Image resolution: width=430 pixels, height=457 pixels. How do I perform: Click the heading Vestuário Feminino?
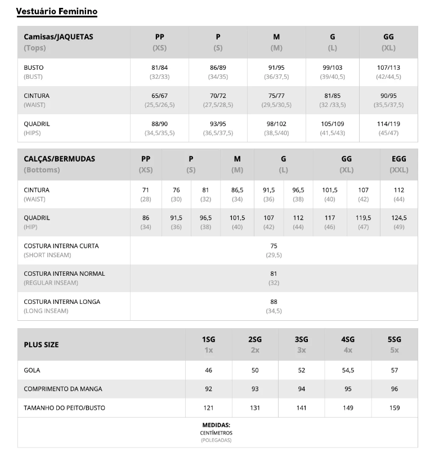point(56,11)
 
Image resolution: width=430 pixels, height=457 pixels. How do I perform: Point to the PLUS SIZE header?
point(41,344)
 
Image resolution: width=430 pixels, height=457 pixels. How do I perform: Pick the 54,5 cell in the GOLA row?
point(348,370)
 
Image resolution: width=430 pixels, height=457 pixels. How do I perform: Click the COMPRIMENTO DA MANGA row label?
point(63,389)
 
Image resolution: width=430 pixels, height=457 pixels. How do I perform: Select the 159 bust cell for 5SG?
point(394,407)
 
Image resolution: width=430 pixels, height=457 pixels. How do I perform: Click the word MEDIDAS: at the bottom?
point(216,425)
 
